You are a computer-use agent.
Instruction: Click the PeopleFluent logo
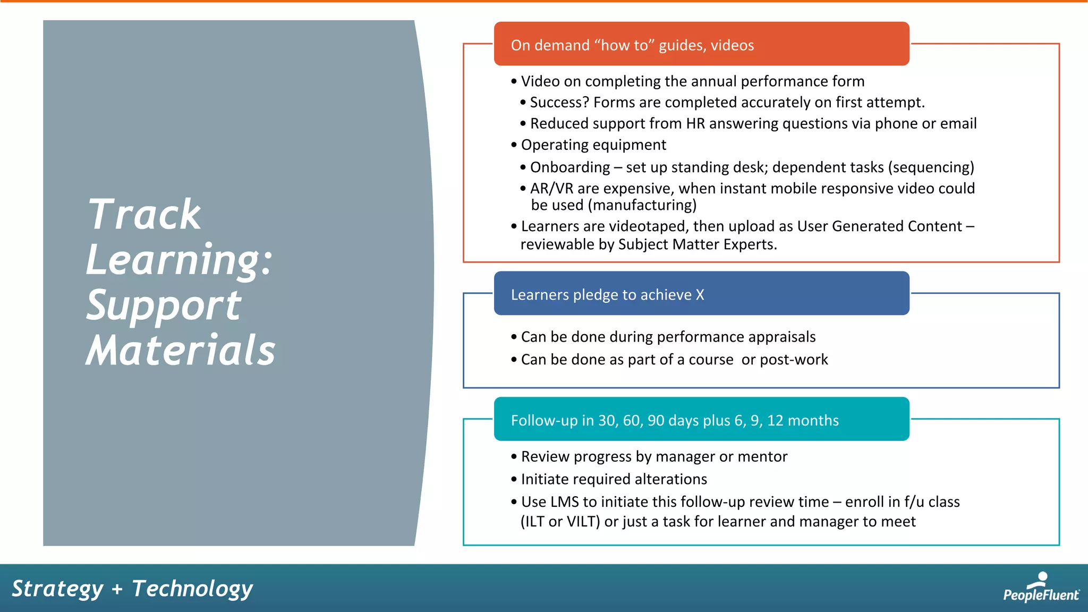[1040, 588]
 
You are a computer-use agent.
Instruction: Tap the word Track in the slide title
[144, 215]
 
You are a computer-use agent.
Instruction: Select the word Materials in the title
[181, 351]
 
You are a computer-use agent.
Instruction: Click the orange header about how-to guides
[701, 45]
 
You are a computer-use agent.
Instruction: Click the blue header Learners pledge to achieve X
[701, 294]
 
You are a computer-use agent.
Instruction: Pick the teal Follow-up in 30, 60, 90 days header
[701, 420]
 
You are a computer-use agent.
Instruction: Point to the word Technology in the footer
[192, 589]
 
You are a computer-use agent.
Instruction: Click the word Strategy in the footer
[57, 589]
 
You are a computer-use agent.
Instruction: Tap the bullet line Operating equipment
[593, 145]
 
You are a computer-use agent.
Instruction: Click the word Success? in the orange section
[559, 103]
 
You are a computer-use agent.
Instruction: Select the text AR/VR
[551, 189]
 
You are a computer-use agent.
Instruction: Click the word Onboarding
[569, 167]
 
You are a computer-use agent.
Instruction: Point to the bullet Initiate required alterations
[614, 479]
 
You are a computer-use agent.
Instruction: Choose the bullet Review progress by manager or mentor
[653, 457]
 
